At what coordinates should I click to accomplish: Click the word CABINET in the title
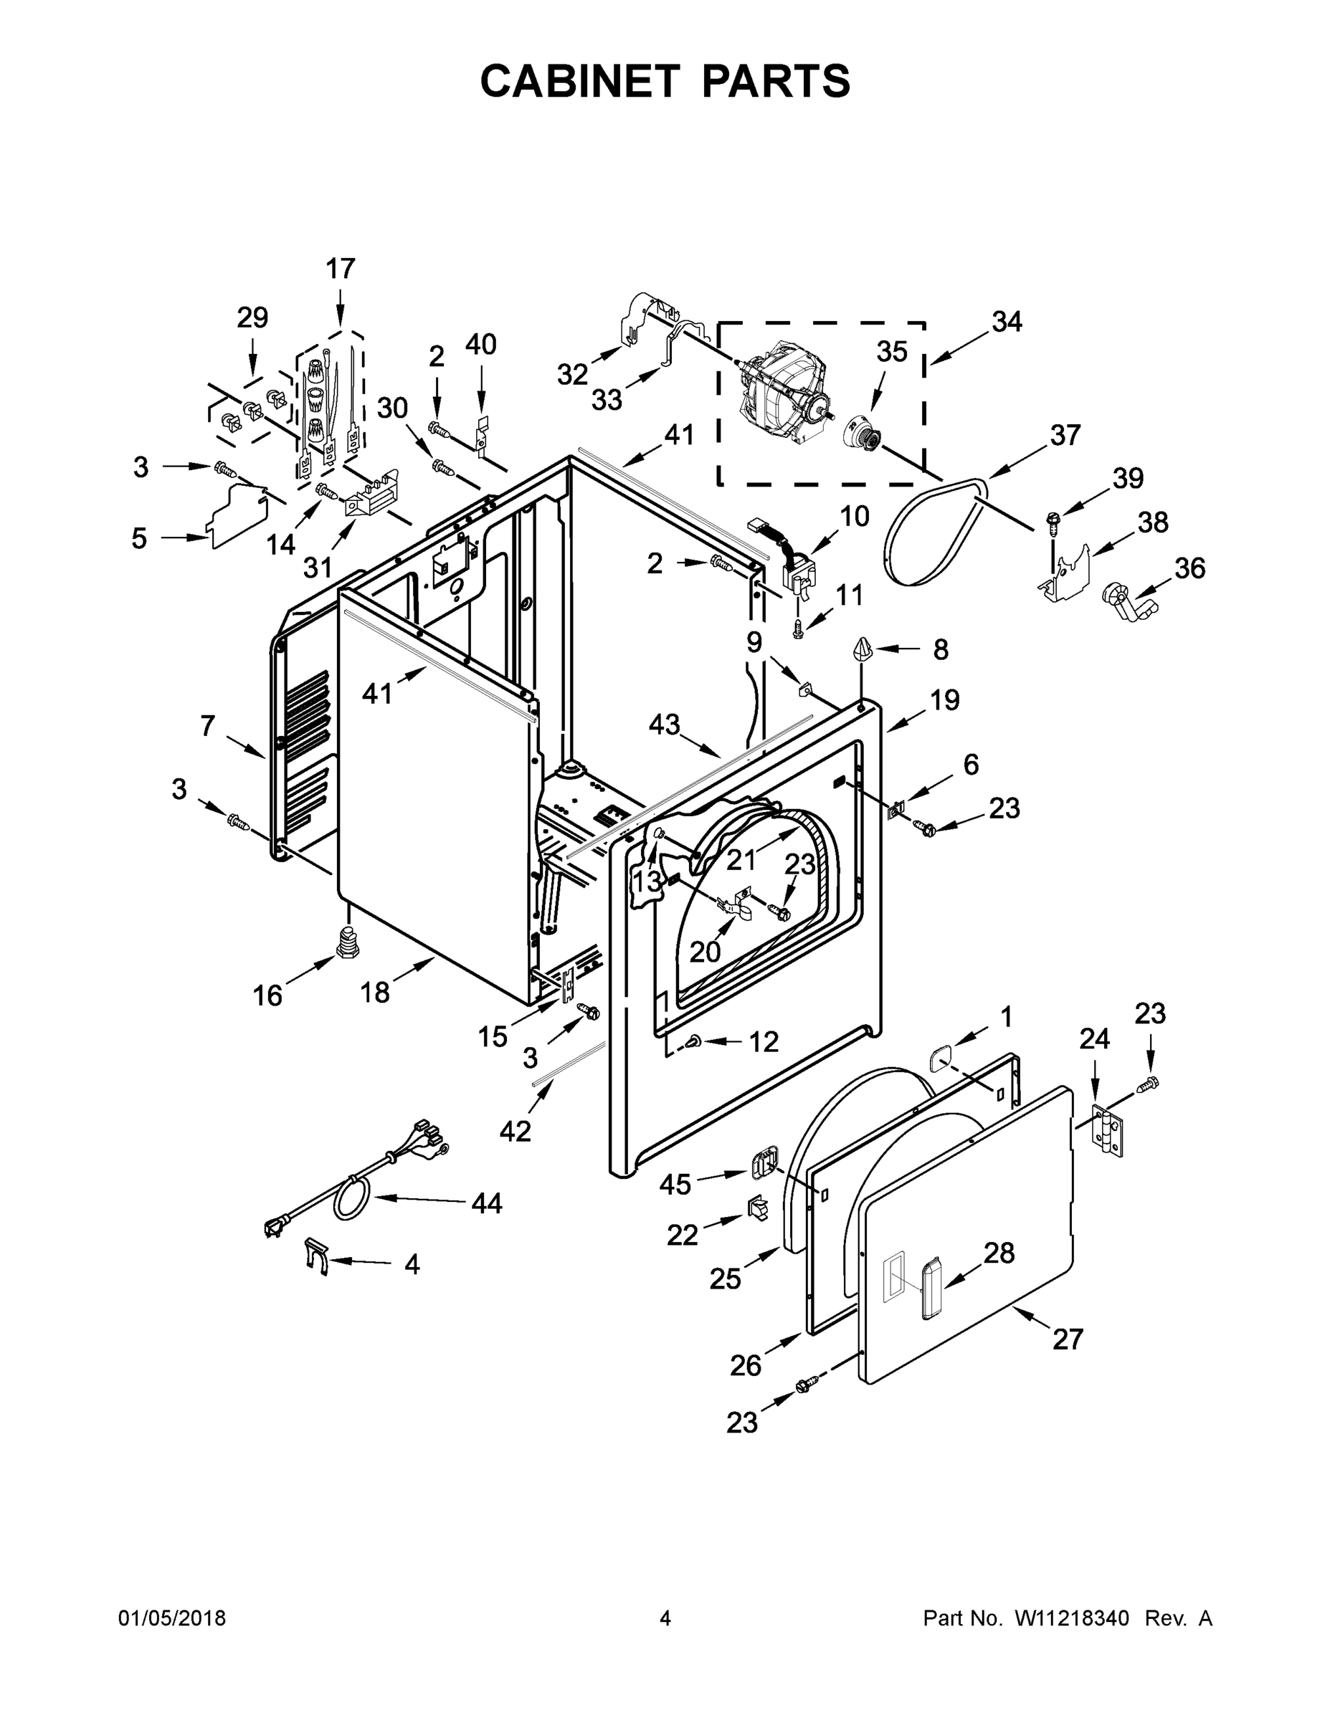pyautogui.click(x=579, y=80)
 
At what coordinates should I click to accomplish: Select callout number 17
pyautogui.click(x=341, y=269)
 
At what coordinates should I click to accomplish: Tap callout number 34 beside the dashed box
pyautogui.click(x=1006, y=321)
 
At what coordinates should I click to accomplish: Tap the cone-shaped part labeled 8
pyautogui.click(x=863, y=650)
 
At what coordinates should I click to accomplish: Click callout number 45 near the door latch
pyautogui.click(x=675, y=1184)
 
